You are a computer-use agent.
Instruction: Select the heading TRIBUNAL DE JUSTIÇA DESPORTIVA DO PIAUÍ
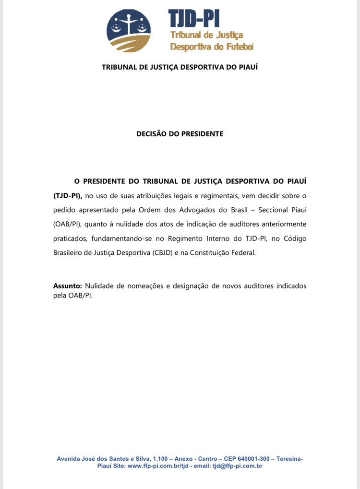(x=180, y=67)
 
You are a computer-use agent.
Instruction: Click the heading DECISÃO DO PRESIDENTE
(x=180, y=134)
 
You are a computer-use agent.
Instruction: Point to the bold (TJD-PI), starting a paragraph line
(x=68, y=196)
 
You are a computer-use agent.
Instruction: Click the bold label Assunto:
(x=67, y=286)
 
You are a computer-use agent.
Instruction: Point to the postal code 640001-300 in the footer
(x=242, y=459)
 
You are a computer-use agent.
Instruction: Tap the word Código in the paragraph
(x=293, y=239)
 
